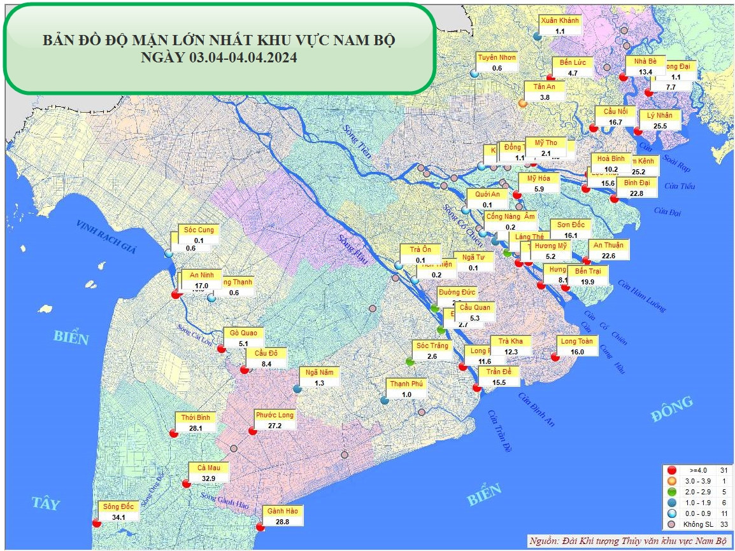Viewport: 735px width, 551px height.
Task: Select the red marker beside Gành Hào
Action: point(259,526)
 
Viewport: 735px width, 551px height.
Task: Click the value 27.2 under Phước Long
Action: point(275,425)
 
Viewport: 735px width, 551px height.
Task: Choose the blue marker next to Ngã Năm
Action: point(297,388)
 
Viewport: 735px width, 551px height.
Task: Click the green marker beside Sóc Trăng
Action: point(410,361)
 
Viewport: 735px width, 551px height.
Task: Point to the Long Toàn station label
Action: point(576,341)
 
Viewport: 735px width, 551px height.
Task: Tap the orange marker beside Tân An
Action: point(522,102)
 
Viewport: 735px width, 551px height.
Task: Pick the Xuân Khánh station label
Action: point(560,20)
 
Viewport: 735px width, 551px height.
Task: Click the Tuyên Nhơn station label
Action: point(497,57)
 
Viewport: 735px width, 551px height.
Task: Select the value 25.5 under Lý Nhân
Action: point(659,126)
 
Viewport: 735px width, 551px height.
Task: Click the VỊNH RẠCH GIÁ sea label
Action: point(106,237)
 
